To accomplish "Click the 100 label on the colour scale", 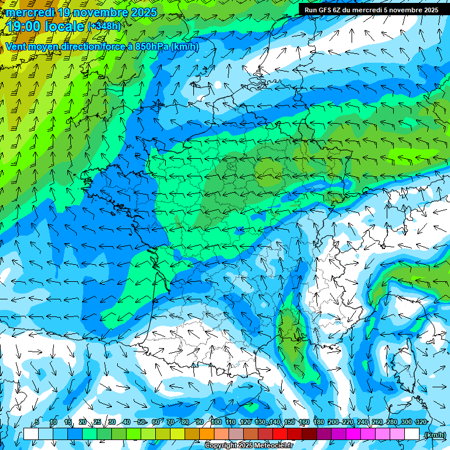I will click(x=216, y=422).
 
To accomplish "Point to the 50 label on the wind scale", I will click(x=142, y=422).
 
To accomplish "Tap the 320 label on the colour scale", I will click(x=421, y=422).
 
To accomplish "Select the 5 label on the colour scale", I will click(x=37, y=422).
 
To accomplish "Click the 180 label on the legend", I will click(x=319, y=422).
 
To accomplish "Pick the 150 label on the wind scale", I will click(x=289, y=422).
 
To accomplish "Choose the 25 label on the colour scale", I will click(x=97, y=422).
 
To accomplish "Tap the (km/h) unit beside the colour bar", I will click(x=434, y=434).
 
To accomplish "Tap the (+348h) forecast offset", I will click(x=104, y=26).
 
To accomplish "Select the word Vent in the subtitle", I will click(x=16, y=47).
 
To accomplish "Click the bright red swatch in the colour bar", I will click(x=280, y=434).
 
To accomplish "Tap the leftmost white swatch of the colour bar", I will click(x=30, y=434).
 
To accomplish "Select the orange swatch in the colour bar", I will click(x=206, y=434).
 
